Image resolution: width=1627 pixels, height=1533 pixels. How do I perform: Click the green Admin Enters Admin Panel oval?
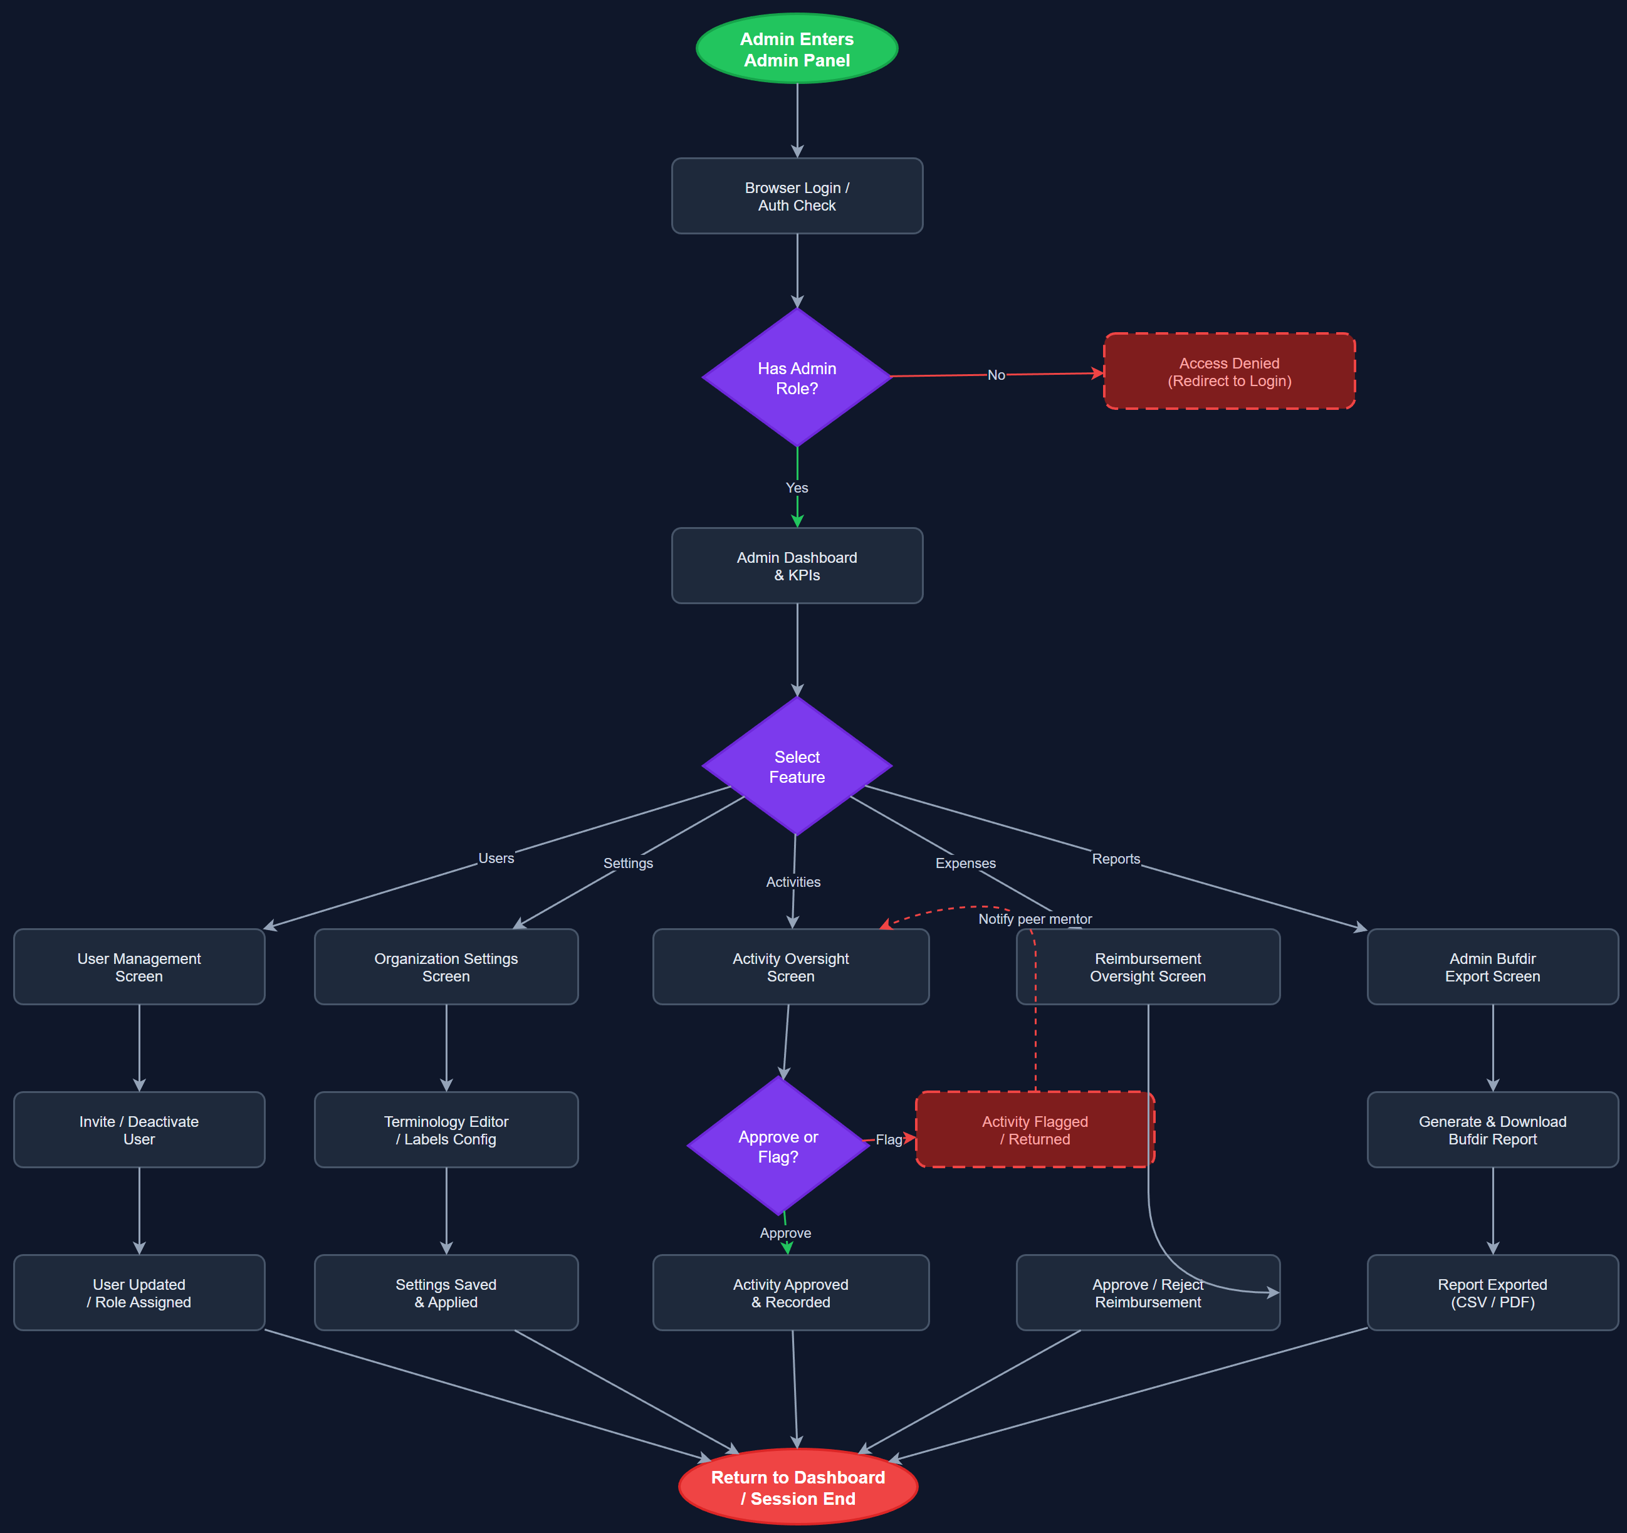[x=797, y=49]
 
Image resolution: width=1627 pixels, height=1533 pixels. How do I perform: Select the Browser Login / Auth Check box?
[x=797, y=196]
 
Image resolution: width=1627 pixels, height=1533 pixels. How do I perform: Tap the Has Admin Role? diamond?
[x=797, y=378]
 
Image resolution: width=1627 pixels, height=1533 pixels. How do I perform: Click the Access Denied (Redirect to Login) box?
[x=1228, y=372]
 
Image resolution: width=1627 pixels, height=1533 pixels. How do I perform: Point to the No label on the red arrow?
[x=995, y=375]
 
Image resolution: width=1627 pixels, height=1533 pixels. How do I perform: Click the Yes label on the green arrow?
[x=797, y=488]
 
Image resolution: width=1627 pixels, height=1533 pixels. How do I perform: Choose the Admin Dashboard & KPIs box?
[x=797, y=565]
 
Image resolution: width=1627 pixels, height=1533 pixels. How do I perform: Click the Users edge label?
[x=496, y=858]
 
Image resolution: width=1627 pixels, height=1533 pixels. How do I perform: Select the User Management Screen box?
[x=139, y=966]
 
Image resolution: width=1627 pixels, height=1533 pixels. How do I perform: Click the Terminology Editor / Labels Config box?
[x=446, y=1129]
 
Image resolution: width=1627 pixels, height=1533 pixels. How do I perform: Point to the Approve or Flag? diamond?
[x=778, y=1146]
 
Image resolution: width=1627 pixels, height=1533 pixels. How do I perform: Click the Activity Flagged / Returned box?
[x=1035, y=1129]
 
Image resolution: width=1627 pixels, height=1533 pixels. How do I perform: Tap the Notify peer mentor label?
[x=1035, y=919]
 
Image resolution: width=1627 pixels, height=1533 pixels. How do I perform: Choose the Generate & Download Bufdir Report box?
[x=1492, y=1129]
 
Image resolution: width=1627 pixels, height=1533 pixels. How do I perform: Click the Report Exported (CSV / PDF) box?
[x=1492, y=1292]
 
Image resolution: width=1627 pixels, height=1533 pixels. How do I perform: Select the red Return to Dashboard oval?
[x=797, y=1487]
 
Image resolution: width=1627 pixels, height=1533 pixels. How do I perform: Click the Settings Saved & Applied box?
[x=446, y=1292]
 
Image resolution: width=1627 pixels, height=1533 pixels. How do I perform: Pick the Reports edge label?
[x=1116, y=859]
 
